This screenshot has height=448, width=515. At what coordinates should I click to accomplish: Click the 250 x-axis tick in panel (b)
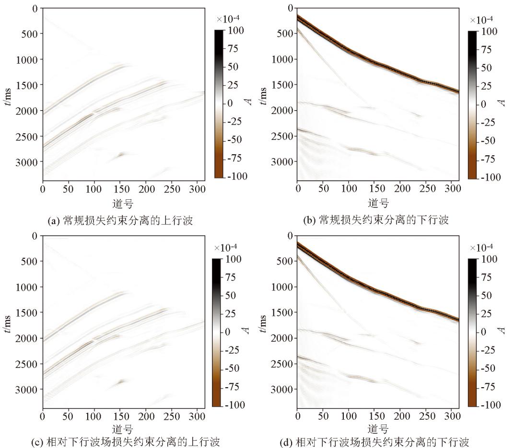click(427, 189)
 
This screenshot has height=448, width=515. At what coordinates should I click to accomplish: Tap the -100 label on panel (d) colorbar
click(486, 405)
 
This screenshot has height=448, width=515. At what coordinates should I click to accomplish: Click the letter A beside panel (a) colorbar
click(250, 103)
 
